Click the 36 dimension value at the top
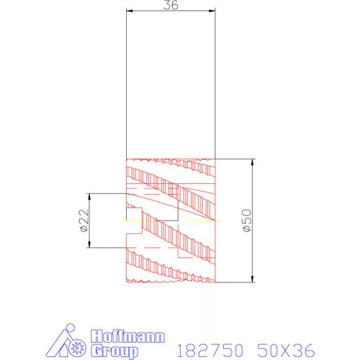pyautogui.click(x=170, y=5)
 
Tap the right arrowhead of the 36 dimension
pyautogui.click(x=213, y=11)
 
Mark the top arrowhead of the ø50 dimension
pyautogui.click(x=254, y=162)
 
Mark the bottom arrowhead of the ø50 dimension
pyautogui.click(x=254, y=281)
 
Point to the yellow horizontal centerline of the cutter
pyautogui.click(x=172, y=221)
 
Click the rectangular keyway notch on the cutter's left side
pyautogui.click(x=133, y=221)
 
